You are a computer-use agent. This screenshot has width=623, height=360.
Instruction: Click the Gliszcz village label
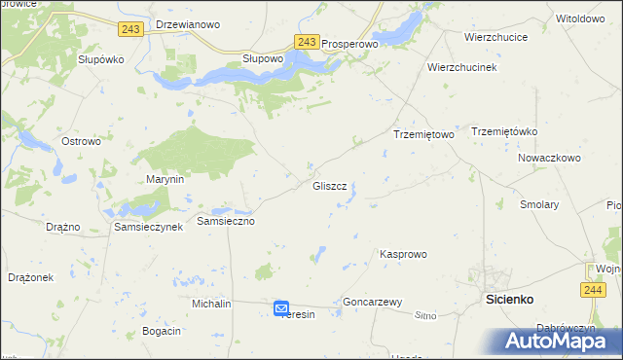[329, 186]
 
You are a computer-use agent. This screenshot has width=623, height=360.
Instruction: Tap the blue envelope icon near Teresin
[281, 308]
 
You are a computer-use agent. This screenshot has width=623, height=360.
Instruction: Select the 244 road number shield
[593, 290]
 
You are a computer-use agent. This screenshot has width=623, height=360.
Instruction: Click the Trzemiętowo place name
[423, 135]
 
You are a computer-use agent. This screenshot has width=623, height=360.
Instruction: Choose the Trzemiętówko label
[504, 131]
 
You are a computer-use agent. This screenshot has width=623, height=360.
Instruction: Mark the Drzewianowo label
[188, 24]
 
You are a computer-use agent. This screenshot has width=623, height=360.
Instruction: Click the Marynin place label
[165, 180]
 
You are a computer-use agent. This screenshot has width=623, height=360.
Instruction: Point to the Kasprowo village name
[403, 254]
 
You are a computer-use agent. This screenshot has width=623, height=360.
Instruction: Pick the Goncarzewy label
[373, 303]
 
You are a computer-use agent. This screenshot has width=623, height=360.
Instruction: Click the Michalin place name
[211, 304]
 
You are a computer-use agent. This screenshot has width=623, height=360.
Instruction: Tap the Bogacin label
[162, 332]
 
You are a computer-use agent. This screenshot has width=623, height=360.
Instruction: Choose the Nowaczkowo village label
[549, 157]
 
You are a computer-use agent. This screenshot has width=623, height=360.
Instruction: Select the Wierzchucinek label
[462, 67]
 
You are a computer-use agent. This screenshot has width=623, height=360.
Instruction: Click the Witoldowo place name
[579, 18]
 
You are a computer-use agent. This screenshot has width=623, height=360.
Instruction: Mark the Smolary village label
[539, 205]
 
